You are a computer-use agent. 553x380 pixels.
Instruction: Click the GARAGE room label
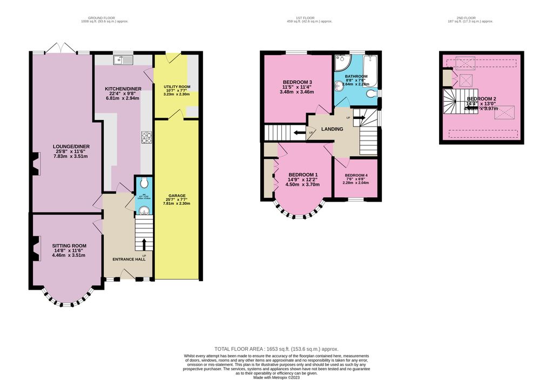(x=177, y=195)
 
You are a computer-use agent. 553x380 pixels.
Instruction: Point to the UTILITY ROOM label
(x=177, y=86)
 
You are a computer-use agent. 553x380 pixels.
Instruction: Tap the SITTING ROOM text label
(x=69, y=246)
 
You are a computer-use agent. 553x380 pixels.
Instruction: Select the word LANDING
(x=333, y=130)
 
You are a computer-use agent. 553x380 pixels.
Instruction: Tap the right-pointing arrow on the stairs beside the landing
(x=363, y=115)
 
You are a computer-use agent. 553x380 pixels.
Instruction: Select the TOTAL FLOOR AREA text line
(x=276, y=349)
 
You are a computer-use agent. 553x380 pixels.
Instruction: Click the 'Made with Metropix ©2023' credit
(x=276, y=377)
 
